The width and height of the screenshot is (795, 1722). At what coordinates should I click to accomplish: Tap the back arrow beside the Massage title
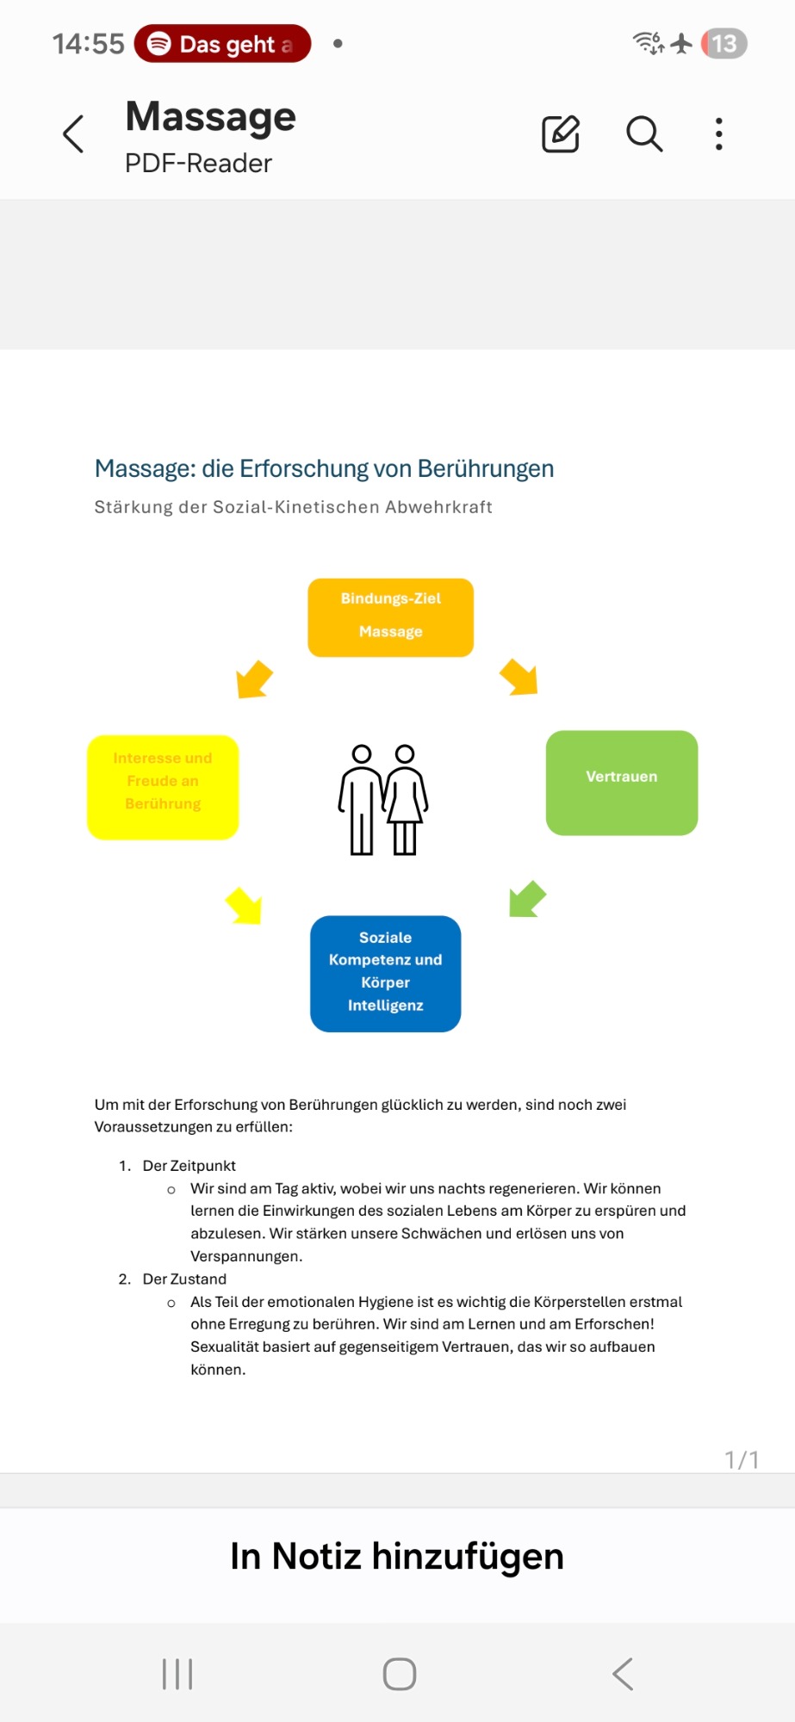click(74, 134)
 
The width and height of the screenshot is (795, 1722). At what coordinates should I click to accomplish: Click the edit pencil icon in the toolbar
click(560, 134)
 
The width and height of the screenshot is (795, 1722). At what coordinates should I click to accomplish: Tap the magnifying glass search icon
click(643, 134)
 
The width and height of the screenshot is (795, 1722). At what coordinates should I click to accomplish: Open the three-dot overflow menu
click(718, 134)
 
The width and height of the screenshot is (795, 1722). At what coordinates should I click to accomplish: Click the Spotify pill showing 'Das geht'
click(222, 44)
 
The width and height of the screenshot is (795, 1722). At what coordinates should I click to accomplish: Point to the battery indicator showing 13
click(724, 44)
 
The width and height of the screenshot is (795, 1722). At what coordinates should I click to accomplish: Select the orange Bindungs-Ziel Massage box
click(390, 617)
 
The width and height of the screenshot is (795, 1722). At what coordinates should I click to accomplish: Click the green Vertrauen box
click(621, 782)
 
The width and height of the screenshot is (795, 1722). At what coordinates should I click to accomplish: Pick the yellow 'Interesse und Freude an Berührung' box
click(163, 786)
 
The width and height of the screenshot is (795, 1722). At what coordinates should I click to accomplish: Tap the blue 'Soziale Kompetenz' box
click(385, 973)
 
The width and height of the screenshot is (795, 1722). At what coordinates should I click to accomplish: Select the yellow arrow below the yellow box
click(245, 906)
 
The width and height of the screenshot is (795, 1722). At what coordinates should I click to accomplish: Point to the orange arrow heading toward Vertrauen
click(519, 677)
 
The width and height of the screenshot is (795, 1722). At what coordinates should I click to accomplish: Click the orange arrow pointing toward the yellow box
click(254, 678)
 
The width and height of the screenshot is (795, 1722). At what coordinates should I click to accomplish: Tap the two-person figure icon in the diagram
click(382, 800)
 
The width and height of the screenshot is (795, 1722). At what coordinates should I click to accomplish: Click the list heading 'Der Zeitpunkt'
click(189, 1166)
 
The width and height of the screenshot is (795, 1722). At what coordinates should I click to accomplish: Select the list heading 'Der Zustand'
click(184, 1279)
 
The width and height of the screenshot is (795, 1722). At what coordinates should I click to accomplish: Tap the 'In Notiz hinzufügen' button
click(397, 1557)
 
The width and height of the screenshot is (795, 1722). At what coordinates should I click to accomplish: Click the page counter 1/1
click(742, 1459)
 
